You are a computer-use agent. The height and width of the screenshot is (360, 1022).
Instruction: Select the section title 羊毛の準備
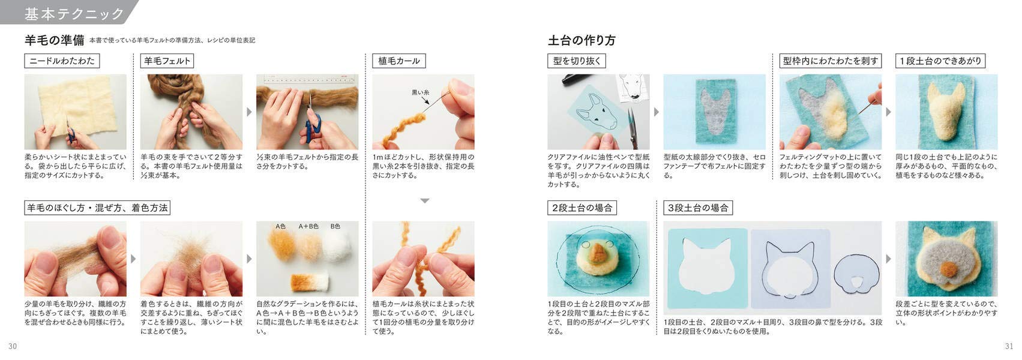tap(54, 40)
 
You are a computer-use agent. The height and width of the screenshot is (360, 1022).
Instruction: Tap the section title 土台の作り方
tap(582, 40)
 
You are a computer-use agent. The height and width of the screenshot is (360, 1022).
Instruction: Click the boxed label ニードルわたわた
tap(62, 61)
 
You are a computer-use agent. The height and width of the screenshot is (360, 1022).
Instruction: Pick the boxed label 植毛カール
tap(399, 61)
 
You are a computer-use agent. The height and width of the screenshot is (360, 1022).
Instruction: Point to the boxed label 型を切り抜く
tap(577, 61)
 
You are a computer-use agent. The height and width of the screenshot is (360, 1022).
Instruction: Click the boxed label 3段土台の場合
tap(698, 208)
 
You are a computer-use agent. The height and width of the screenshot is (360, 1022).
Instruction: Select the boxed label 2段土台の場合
tap(582, 208)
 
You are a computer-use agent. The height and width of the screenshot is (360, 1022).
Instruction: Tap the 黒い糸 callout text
tap(420, 92)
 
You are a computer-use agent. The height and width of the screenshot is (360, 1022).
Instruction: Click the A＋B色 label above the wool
tap(308, 226)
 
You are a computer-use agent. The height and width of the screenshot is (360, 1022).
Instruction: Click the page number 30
tap(13, 346)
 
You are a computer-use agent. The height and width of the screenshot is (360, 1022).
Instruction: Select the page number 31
tap(1009, 346)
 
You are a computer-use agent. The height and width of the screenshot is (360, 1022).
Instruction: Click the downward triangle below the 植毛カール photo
tap(425, 201)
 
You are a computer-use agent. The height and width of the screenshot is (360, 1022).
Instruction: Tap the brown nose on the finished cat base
tap(949, 268)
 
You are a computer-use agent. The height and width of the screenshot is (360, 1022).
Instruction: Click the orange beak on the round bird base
tap(597, 254)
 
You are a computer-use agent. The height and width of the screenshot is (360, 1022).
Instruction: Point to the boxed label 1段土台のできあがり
tap(940, 61)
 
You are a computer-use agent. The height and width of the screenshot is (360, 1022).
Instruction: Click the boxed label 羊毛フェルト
tap(167, 61)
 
